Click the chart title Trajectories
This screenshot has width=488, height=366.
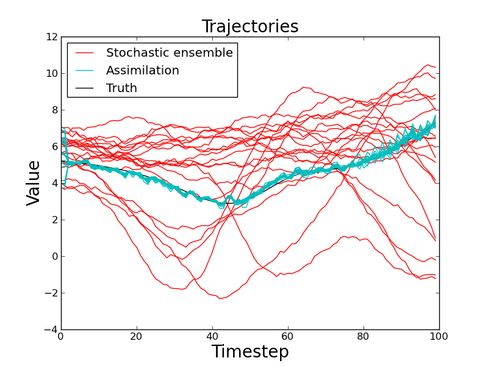click(x=250, y=27)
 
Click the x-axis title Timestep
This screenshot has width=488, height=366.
click(x=250, y=352)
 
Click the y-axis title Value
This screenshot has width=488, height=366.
click(x=34, y=183)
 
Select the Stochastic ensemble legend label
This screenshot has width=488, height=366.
click(x=169, y=53)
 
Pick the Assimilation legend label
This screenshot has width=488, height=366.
click(x=143, y=71)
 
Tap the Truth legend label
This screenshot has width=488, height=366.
click(x=121, y=88)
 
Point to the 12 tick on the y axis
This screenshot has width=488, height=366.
click(x=51, y=37)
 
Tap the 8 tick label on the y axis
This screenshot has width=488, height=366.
click(x=54, y=110)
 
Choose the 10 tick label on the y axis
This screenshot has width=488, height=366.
click(x=51, y=73)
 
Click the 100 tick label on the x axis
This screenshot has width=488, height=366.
click(x=439, y=336)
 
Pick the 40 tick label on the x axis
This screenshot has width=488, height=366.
click(x=212, y=336)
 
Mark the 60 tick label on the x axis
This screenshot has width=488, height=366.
click(x=288, y=336)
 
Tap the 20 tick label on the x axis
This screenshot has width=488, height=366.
click(x=137, y=336)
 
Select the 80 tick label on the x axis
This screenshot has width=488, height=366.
click(x=364, y=336)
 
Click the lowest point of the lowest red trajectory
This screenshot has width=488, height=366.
click(x=220, y=298)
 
